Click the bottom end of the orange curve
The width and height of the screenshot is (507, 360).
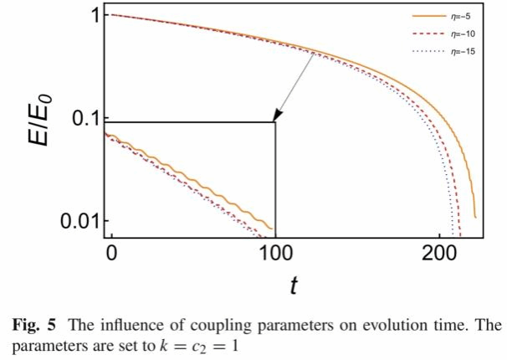(x=474, y=217)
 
